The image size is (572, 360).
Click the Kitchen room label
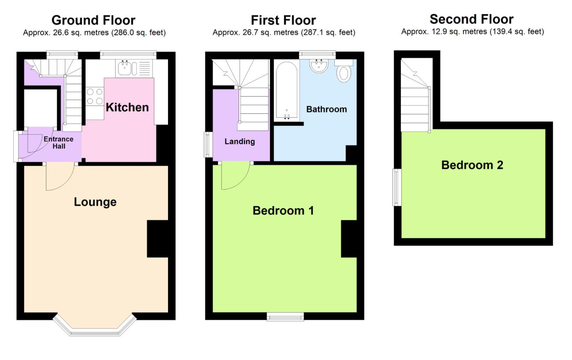tap(127, 107)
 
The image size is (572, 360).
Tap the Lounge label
tap(95, 202)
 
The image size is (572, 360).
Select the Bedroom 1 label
tap(283, 210)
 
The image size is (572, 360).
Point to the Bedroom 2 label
tap(472, 165)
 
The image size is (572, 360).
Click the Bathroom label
tap(327, 109)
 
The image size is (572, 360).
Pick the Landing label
tap(239, 142)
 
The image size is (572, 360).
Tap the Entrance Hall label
tap(59, 142)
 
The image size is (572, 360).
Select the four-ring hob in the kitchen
tap(95, 96)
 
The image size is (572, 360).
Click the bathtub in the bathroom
tap(287, 91)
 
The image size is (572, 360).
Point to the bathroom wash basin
tap(319, 66)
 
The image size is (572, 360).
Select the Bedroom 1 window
tap(285, 317)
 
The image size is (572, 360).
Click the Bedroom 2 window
tap(397, 187)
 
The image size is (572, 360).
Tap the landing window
tap(208, 144)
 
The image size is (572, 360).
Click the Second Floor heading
tap(471, 19)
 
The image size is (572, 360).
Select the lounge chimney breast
tap(157, 239)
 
